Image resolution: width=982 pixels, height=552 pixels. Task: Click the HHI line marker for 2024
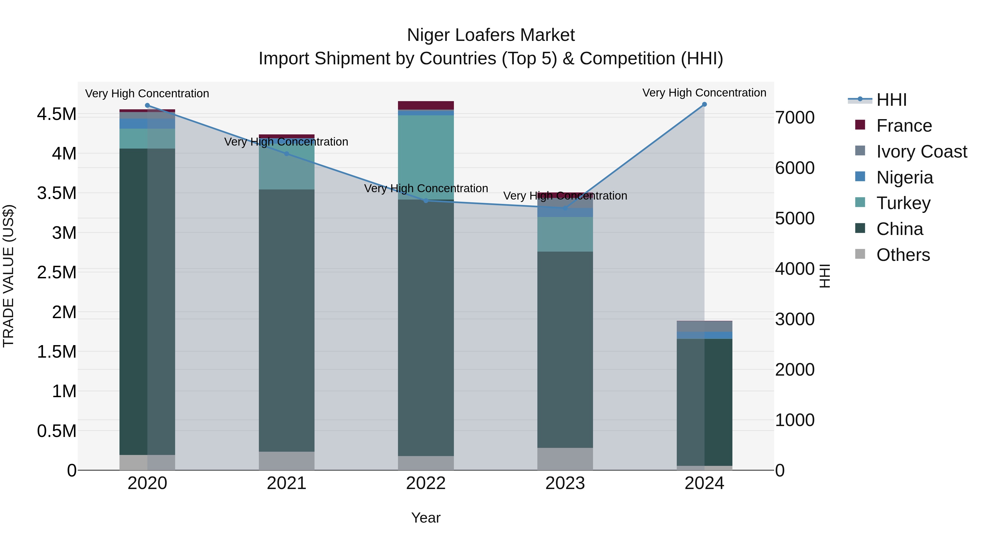(704, 104)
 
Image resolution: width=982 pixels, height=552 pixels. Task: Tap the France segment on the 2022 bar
(426, 105)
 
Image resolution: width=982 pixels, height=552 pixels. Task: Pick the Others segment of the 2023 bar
(565, 459)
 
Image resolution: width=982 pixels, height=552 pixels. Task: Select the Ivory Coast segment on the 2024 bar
(704, 327)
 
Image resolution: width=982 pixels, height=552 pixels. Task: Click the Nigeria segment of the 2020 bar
(147, 123)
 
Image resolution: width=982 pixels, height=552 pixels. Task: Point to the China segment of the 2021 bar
(287, 320)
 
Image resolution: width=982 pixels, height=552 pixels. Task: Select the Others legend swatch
(860, 254)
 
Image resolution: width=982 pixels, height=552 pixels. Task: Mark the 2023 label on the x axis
(565, 483)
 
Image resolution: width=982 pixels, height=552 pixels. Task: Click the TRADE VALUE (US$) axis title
(8, 276)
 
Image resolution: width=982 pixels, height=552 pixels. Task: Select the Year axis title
(426, 518)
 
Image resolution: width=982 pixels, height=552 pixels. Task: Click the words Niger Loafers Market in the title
(491, 35)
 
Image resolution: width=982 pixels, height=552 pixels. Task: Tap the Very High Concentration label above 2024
(704, 93)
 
